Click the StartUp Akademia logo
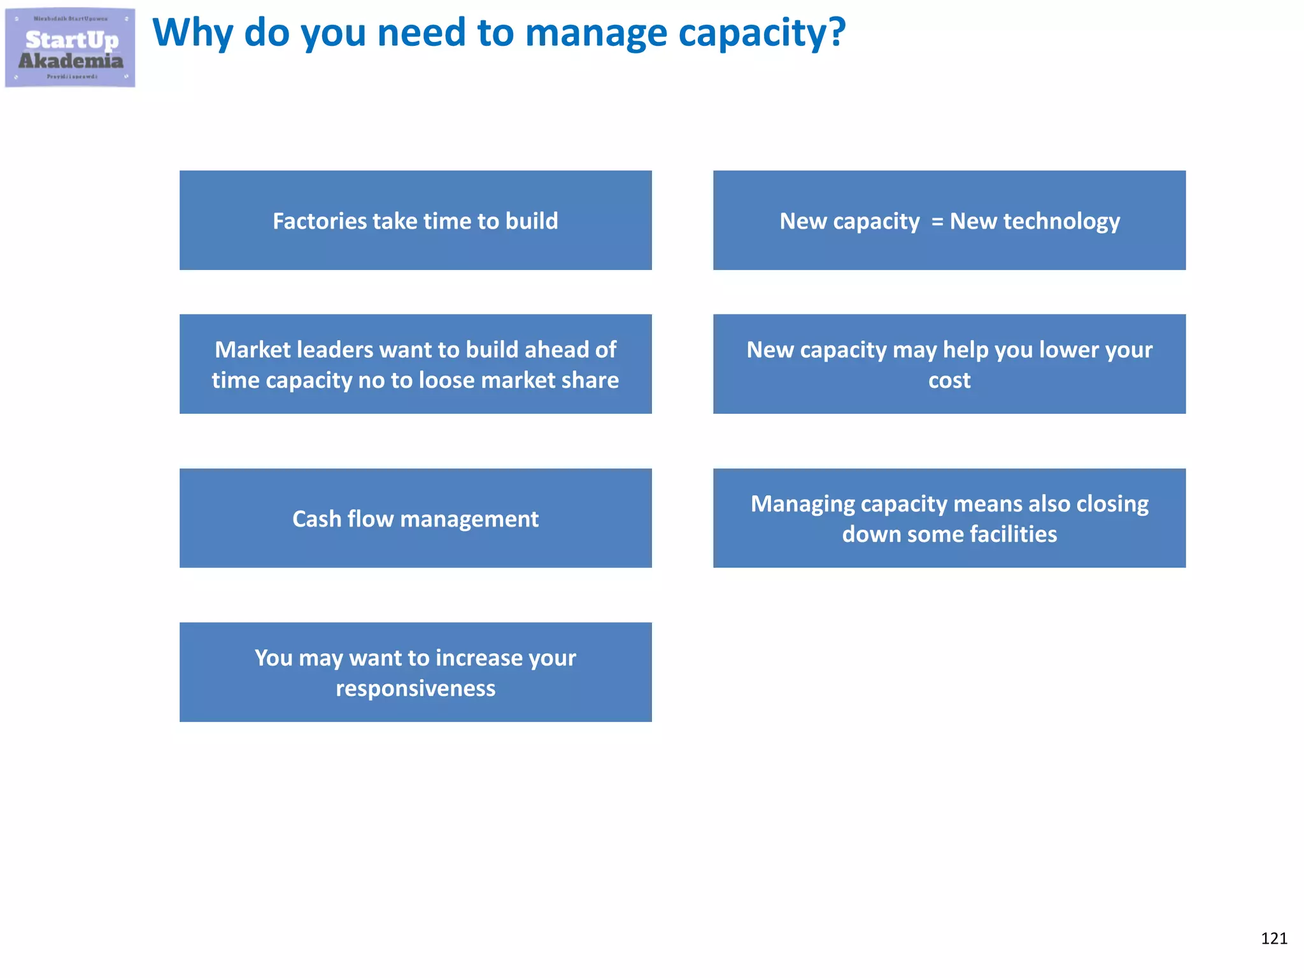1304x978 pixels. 70,48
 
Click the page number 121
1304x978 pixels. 1273,939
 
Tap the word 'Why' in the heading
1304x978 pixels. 192,33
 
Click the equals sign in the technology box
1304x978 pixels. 937,222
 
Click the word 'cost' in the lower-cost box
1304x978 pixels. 949,381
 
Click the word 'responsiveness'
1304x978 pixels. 415,688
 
